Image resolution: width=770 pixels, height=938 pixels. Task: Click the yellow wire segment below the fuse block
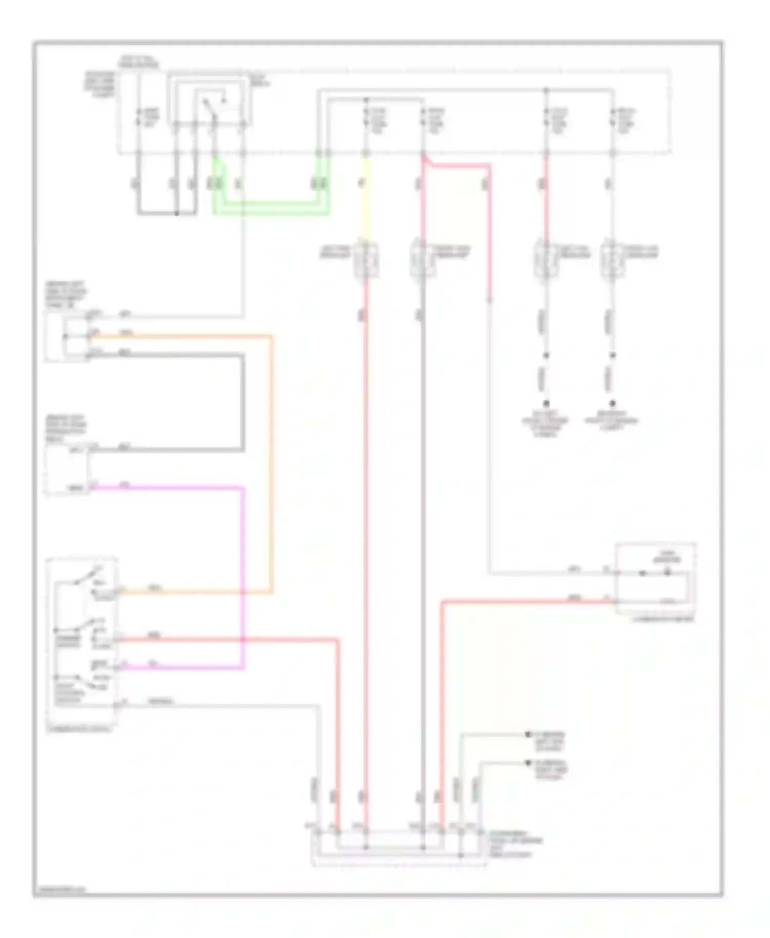pyautogui.click(x=366, y=200)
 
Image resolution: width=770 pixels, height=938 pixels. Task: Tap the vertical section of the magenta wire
pyautogui.click(x=242, y=575)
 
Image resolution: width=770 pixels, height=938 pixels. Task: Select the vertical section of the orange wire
pyautogui.click(x=271, y=462)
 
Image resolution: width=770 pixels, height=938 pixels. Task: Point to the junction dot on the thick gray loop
pyautogui.click(x=177, y=213)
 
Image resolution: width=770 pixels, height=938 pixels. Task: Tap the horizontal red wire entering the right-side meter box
pyautogui.click(x=529, y=601)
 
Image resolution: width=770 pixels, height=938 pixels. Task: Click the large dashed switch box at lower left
pyautogui.click(x=82, y=641)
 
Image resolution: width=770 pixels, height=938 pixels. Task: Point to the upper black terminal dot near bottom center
pyautogui.click(x=528, y=735)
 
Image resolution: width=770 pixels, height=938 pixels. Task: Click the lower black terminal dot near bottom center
pyautogui.click(x=528, y=763)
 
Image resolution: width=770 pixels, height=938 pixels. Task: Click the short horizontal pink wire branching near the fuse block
pyautogui.click(x=457, y=166)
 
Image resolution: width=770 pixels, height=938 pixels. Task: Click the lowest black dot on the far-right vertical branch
pyautogui.click(x=612, y=404)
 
